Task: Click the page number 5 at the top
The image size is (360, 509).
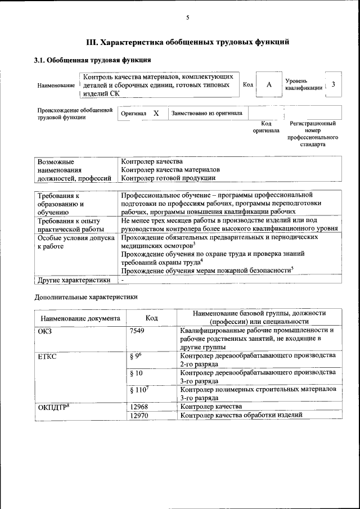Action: tap(187, 18)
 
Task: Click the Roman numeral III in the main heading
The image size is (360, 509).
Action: tap(92, 42)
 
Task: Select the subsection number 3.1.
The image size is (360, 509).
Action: tap(40, 60)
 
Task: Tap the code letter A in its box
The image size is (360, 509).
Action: tap(269, 84)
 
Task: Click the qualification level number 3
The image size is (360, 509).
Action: tap(334, 84)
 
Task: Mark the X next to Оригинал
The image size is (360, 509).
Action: tap(156, 113)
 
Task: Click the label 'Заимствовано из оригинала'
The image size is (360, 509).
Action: tap(207, 113)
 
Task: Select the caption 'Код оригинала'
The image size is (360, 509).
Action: tap(265, 127)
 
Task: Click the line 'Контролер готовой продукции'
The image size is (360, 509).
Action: tap(168, 178)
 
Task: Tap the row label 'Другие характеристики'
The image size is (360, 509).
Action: tap(73, 280)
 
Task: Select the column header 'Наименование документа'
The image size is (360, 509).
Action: tap(80, 318)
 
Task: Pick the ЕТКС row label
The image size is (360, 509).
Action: tap(47, 357)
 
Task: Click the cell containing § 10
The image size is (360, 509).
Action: tap(136, 373)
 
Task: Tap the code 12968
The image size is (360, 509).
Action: tap(138, 406)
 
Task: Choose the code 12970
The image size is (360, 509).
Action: tap(138, 415)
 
